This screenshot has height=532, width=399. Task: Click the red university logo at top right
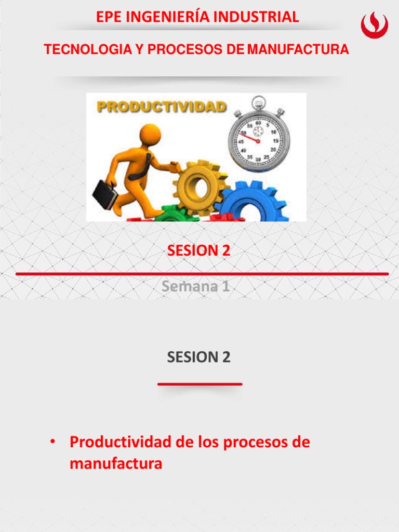pyautogui.click(x=375, y=25)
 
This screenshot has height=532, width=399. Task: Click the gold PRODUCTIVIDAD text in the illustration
pyautogui.click(x=162, y=107)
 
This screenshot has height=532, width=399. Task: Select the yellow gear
pyautogui.click(x=200, y=186)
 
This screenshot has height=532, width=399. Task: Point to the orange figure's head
pyautogui.click(x=150, y=134)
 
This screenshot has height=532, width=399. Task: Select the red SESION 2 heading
pyautogui.click(x=198, y=250)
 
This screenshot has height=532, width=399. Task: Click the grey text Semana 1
pyautogui.click(x=195, y=286)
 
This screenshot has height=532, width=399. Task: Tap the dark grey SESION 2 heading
pyautogui.click(x=198, y=357)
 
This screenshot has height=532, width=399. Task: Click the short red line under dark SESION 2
pyautogui.click(x=199, y=384)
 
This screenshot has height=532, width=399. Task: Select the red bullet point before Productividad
pyautogui.click(x=52, y=442)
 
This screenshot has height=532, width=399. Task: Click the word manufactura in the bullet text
pyautogui.click(x=116, y=463)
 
